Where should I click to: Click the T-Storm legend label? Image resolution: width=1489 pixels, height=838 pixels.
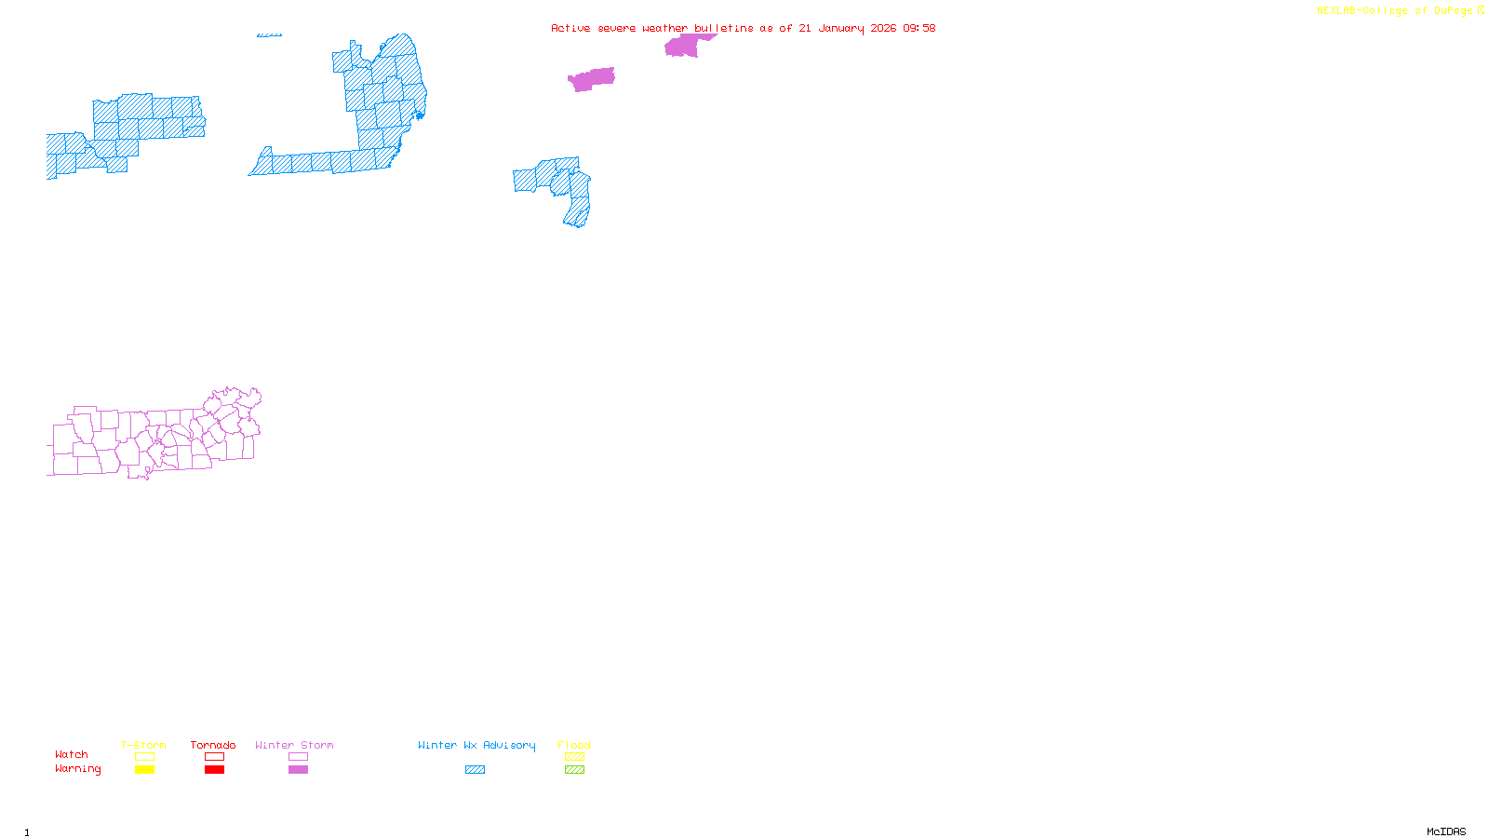[x=143, y=745]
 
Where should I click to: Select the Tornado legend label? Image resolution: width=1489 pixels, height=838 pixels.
[x=213, y=745]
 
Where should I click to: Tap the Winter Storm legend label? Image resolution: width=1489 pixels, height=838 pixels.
[x=294, y=745]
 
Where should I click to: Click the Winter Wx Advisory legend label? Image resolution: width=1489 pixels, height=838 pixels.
[x=476, y=745]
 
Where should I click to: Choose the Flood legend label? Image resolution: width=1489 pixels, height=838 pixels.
[x=574, y=745]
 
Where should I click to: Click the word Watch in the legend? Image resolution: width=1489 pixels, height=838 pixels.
[x=72, y=754]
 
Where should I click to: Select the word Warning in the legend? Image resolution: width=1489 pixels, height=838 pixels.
[x=78, y=769]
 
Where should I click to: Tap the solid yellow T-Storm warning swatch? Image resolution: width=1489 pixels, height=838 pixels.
[x=144, y=770]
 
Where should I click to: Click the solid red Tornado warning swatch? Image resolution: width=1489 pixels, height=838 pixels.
[x=214, y=770]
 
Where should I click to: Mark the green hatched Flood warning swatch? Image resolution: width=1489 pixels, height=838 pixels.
[x=574, y=770]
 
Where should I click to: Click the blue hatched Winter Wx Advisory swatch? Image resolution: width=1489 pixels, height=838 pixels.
[x=475, y=770]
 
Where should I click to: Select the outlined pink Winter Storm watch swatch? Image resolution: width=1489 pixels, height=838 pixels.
[x=298, y=757]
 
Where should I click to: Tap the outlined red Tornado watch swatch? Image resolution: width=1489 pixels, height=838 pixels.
[x=214, y=757]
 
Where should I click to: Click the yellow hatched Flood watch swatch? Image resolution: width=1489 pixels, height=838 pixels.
[x=574, y=757]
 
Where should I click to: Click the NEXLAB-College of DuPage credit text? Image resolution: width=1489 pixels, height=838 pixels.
[x=1395, y=11]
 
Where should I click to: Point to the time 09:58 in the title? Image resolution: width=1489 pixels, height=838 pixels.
[x=919, y=28]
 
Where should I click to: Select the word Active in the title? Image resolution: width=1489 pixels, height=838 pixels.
[x=570, y=28]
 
